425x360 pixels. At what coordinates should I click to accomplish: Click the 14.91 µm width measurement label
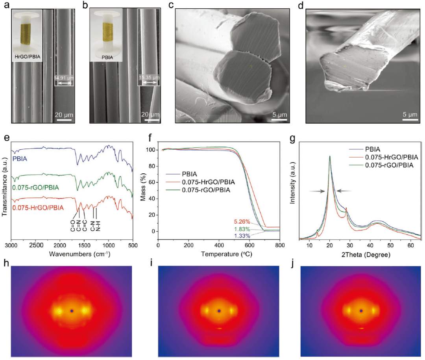(x=63, y=78)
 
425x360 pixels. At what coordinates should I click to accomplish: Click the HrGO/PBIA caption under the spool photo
(x=27, y=56)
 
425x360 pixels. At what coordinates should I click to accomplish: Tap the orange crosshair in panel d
(x=345, y=67)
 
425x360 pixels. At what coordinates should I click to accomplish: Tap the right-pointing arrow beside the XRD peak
(x=316, y=191)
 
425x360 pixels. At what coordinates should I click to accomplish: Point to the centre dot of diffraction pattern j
(x=361, y=311)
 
